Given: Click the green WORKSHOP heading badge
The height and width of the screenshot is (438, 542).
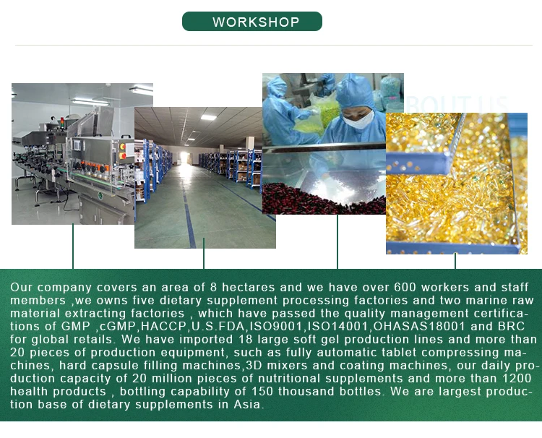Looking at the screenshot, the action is click(x=252, y=22).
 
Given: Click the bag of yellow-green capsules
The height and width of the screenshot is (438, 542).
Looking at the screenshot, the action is click(x=317, y=116).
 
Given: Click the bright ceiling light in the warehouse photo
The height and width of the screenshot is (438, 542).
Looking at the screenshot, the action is click(x=208, y=118).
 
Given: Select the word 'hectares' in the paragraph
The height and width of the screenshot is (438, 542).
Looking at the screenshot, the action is click(x=248, y=287).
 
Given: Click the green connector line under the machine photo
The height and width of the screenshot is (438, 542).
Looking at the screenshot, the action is click(x=73, y=246).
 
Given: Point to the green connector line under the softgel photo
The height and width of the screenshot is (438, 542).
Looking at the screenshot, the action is click(x=455, y=261).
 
